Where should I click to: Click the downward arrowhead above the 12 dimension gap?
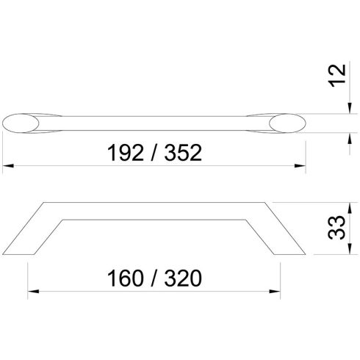347,108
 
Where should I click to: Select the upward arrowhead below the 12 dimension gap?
347,136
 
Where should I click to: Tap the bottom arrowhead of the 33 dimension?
347,253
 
